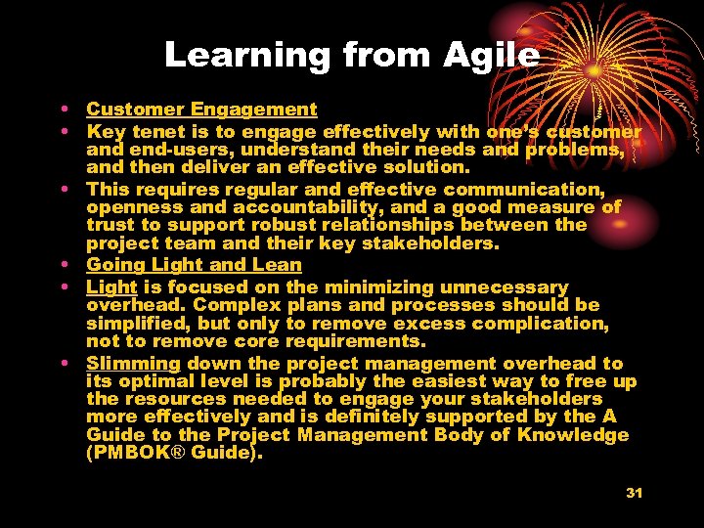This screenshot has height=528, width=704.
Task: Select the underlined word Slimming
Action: pos(133,364)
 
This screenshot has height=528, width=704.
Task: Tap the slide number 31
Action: pos(634,493)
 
